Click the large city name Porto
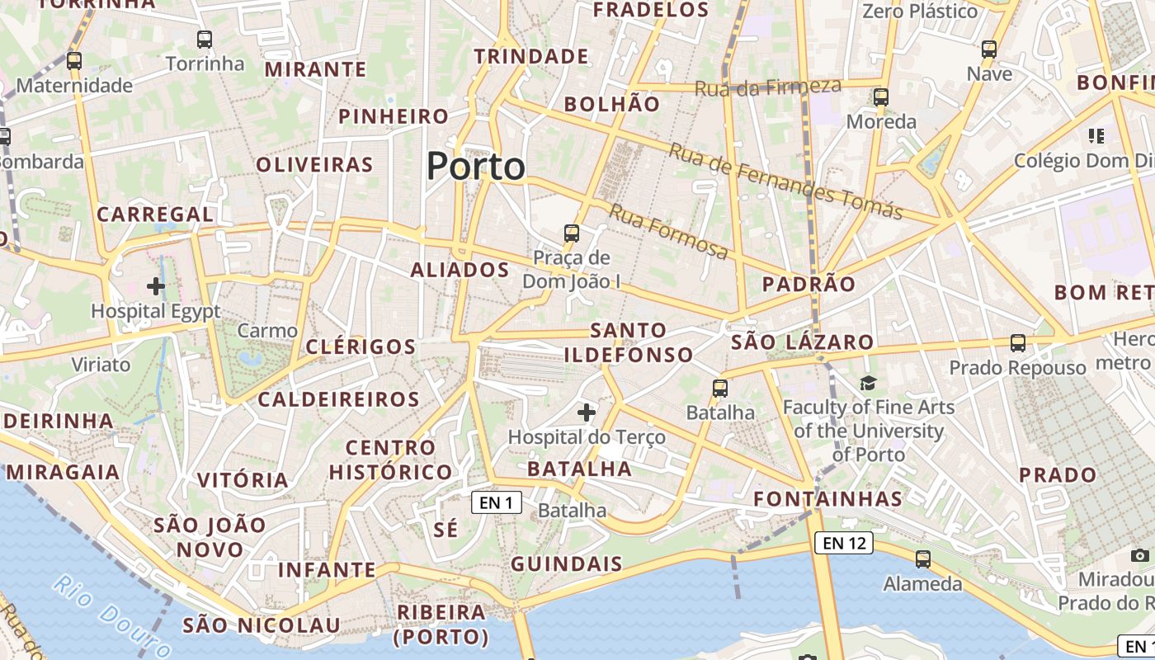click(476, 167)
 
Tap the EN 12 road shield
click(843, 543)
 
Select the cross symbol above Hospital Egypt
click(155, 286)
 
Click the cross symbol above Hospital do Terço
click(587, 412)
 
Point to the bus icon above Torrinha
click(204, 39)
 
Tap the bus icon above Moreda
click(881, 97)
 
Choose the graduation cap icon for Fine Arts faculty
click(868, 383)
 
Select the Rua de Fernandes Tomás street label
click(785, 181)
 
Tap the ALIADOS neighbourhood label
click(460, 270)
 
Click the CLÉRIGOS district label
click(361, 346)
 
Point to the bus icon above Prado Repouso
click(1018, 342)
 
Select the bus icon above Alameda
click(923, 559)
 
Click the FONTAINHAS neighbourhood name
click(827, 499)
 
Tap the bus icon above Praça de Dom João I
click(572, 233)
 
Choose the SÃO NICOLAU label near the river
click(262, 625)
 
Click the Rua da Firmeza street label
click(768, 87)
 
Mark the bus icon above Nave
click(989, 49)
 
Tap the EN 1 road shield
click(497, 502)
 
